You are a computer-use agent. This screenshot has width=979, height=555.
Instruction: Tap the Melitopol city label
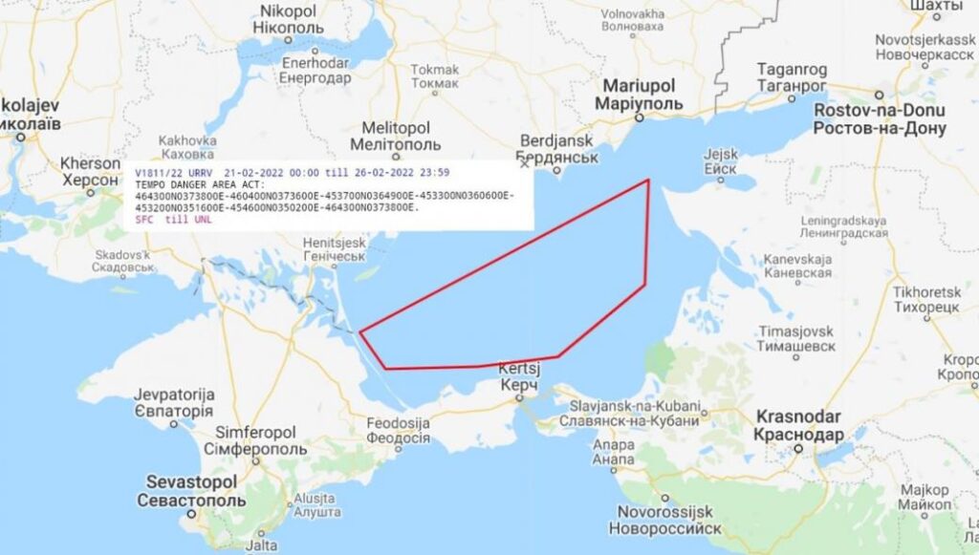pos(396,136)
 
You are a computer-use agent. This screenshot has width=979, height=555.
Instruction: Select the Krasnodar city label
pos(798,425)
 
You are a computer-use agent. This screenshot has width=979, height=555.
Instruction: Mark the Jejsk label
pos(721,160)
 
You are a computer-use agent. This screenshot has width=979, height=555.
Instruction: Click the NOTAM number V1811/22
pos(161,172)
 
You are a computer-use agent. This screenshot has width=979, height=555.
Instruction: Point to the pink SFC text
pos(146,220)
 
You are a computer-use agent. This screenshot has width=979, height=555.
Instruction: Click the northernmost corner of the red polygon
pos(650,180)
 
